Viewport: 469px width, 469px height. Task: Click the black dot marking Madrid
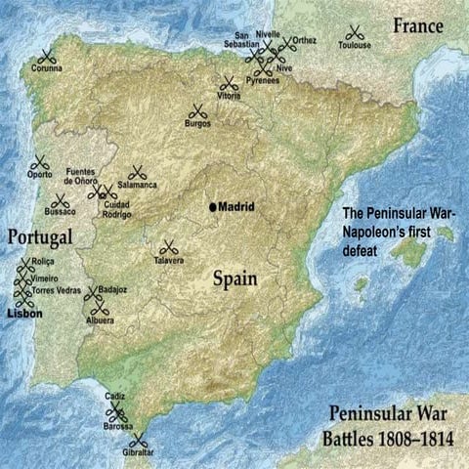212,207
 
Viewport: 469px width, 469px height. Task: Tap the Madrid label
235,207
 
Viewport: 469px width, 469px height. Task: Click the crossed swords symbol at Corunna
47,56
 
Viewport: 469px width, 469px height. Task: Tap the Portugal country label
41,237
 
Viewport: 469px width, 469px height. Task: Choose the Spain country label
235,278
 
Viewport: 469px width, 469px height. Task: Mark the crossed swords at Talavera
168,247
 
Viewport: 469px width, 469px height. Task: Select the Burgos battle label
198,123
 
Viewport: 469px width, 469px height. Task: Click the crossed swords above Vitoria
229,84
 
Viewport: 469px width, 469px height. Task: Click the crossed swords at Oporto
40,163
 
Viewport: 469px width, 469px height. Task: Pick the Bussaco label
61,211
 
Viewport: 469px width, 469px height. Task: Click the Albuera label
100,320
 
